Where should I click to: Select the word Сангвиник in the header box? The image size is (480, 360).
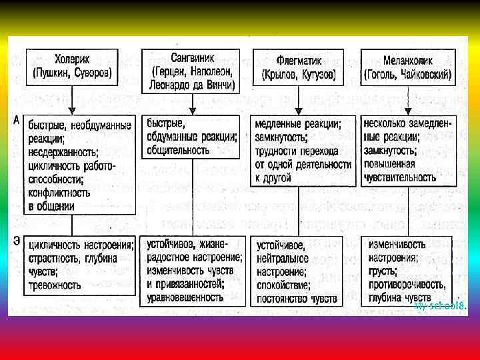[192, 57]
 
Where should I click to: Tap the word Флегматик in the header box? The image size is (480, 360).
[298, 59]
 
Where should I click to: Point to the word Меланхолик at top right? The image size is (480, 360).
[407, 59]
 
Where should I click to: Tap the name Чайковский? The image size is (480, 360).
[427, 73]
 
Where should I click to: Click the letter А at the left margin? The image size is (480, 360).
[15, 121]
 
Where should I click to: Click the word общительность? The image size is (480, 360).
[178, 150]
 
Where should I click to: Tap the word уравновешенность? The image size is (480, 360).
[187, 297]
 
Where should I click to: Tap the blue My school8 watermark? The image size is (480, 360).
[439, 306]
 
